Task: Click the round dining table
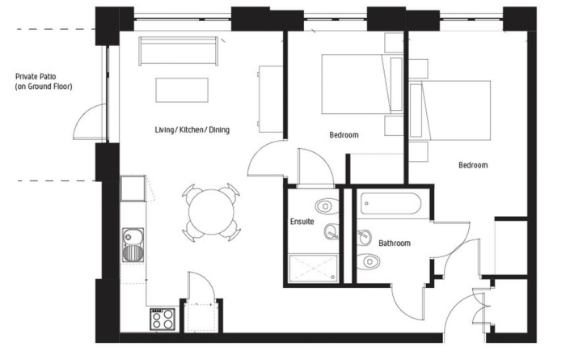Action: [x=211, y=212]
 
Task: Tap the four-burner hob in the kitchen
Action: [x=163, y=320]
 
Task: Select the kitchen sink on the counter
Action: [x=133, y=245]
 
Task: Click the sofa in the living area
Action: [x=179, y=50]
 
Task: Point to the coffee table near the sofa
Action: [x=182, y=90]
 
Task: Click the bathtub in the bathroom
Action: [x=391, y=204]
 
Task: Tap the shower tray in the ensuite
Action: [x=313, y=268]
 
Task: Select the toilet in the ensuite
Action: [x=327, y=206]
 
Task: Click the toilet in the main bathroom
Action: [x=368, y=260]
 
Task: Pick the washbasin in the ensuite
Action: [x=332, y=232]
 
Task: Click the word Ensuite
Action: [x=302, y=222]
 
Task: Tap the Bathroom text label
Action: [x=395, y=243]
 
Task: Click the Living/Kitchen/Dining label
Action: [x=192, y=129]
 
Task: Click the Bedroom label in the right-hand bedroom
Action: [x=473, y=165]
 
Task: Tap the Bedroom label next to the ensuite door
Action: [x=344, y=135]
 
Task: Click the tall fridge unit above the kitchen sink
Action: [x=133, y=188]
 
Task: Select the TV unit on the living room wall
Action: [x=270, y=99]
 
